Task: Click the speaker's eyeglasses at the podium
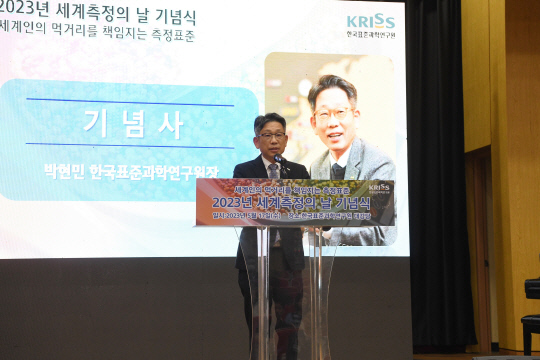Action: coord(270,134)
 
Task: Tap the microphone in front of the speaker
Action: coord(280,160)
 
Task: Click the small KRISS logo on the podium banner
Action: coord(379,188)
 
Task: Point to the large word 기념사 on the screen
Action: coord(134,125)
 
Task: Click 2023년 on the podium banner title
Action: coord(233,203)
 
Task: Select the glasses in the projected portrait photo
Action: coord(333,113)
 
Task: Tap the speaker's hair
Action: coord(269,120)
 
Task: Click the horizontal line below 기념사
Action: coord(130,147)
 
